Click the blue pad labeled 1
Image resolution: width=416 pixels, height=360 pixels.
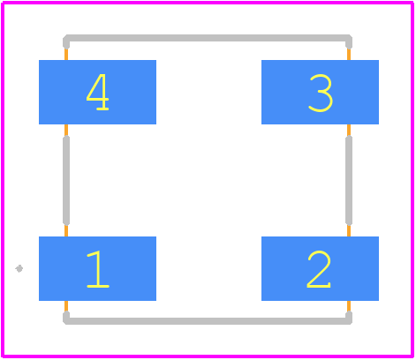97,268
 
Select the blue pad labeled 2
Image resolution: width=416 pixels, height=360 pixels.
320,268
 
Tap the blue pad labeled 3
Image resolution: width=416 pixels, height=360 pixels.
320,92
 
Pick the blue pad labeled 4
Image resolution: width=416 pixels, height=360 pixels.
97,92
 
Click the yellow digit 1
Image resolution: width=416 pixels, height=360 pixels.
98,269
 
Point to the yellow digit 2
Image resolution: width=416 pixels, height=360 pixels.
319,269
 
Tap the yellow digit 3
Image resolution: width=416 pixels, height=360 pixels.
321,93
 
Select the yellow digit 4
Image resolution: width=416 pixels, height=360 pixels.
98,92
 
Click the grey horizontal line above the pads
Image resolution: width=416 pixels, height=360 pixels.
208,38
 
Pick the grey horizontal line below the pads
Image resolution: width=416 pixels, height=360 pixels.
208,321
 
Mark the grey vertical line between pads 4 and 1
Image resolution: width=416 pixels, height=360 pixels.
66,180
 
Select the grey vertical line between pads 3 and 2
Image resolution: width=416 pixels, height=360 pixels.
349,180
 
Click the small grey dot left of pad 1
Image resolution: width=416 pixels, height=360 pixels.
19,268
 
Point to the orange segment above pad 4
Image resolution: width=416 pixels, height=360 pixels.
66,55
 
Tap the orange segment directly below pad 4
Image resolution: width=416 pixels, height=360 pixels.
66,130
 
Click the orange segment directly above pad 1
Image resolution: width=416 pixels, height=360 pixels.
66,231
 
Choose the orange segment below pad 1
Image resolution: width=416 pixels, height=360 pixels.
66,306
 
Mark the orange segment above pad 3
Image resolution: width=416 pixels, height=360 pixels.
349,55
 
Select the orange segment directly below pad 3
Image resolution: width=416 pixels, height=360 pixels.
349,130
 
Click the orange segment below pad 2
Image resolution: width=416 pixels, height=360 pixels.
349,306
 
